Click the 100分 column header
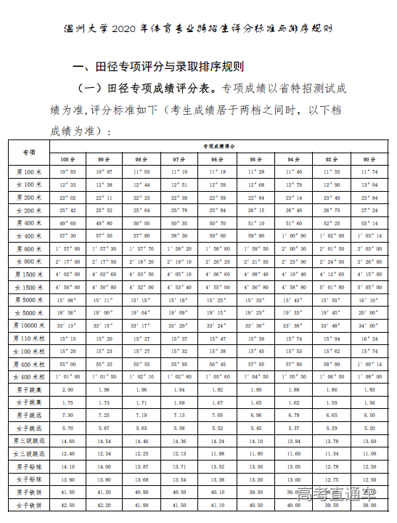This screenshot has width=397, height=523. coord(67,159)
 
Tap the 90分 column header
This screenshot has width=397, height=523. coord(370,159)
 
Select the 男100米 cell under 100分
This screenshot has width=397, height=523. coord(67,171)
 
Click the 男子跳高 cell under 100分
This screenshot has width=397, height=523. coord(67,390)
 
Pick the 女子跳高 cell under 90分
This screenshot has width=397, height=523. coord(370,402)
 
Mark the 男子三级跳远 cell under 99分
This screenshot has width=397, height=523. coord(105,442)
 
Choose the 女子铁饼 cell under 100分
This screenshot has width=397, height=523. coord(67,506)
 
